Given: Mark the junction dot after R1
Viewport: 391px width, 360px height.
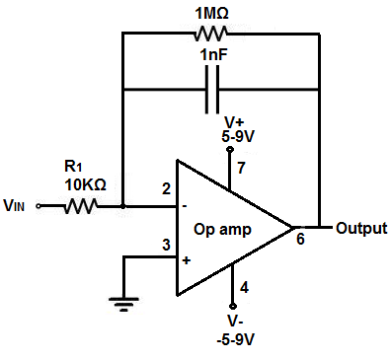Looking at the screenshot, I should (x=122, y=207).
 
